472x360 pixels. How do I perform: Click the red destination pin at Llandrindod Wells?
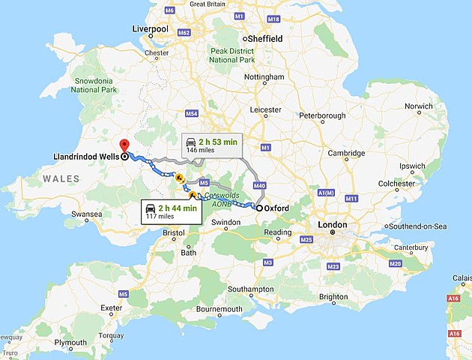(124, 145)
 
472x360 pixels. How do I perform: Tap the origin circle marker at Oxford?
(259, 208)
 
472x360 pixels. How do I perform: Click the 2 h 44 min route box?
(172, 211)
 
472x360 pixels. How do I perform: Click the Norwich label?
(418, 106)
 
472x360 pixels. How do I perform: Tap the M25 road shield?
(306, 239)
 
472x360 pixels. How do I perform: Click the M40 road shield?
(260, 185)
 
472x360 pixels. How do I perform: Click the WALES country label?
(61, 178)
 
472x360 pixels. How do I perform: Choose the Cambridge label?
(345, 154)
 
